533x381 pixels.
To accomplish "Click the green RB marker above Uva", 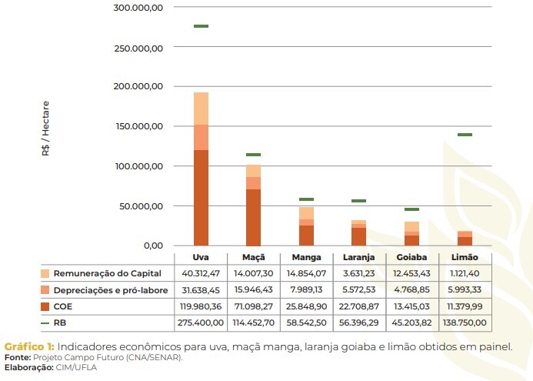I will pos(201,26).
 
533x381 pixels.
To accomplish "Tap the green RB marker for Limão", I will pos(464,135).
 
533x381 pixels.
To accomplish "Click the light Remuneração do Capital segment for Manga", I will pos(306,212).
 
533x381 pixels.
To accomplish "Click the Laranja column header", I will pos(358,257).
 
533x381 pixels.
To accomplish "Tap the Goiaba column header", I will pos(411,257).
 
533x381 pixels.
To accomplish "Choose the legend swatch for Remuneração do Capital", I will pos(46,273).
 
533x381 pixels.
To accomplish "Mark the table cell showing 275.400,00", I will pos(201,322).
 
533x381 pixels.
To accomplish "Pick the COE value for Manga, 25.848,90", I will pos(306,306).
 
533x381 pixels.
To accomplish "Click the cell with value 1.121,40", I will pos(464,273).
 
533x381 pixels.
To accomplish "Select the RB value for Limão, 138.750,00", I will pos(464,322).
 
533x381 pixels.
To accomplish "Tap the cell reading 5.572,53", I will pos(358,289).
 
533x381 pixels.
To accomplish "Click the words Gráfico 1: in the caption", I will pos(28,346).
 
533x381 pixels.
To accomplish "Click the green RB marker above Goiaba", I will pos(411,209).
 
